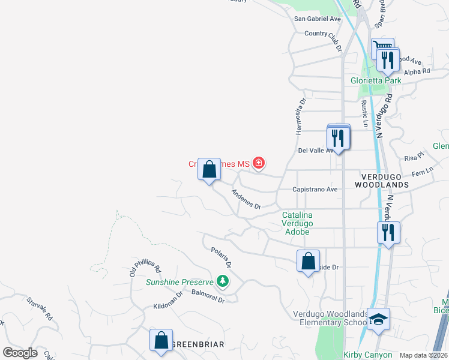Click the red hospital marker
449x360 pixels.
pos(259,163)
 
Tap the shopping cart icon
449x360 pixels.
pos(382,47)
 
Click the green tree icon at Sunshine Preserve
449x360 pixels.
pos(223,281)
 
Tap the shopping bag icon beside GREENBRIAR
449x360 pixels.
pos(161,340)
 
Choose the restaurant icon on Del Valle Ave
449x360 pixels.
pos(339,137)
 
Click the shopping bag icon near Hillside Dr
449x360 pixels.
pos(308,261)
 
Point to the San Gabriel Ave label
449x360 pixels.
pos(316,19)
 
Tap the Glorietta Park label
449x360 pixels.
pos(375,80)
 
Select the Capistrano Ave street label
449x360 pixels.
pos(315,189)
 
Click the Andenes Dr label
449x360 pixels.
pos(247,199)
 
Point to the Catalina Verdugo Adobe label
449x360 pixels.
pos(297,223)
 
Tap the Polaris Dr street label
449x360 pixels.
pos(221,256)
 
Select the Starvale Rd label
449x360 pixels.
pos(40,308)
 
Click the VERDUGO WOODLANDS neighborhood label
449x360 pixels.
pos(385,181)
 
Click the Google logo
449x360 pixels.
pos(20,353)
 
